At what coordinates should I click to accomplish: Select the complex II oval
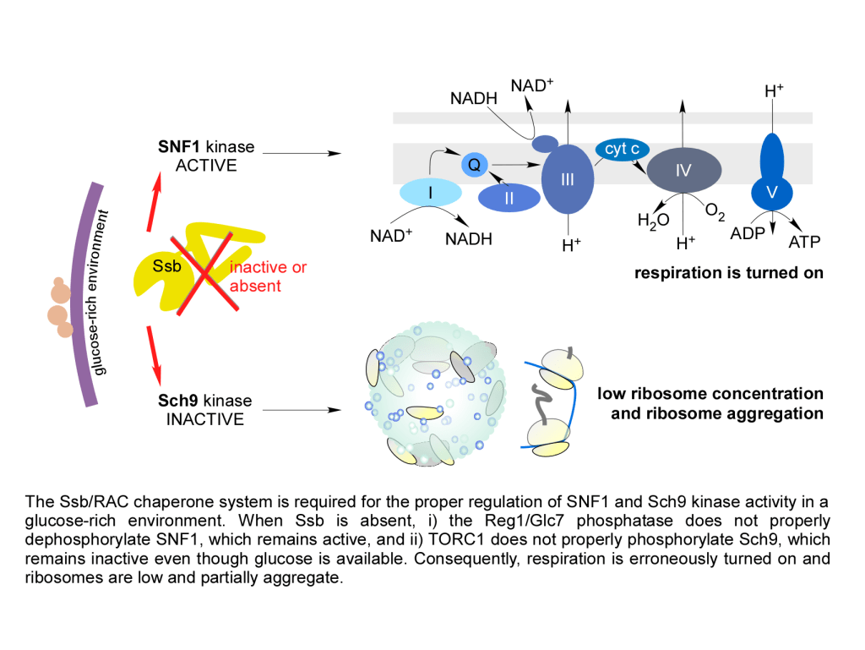[509, 198]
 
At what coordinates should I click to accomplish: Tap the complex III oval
[568, 180]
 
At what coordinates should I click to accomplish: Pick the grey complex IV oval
[683, 171]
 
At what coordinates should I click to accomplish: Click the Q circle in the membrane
[474, 165]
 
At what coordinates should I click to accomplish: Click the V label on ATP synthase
[770, 193]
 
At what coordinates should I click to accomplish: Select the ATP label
[804, 243]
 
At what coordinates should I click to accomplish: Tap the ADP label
[747, 233]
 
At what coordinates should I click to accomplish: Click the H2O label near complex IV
[654, 222]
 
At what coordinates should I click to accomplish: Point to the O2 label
[715, 214]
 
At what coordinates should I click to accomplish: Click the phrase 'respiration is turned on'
[728, 273]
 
